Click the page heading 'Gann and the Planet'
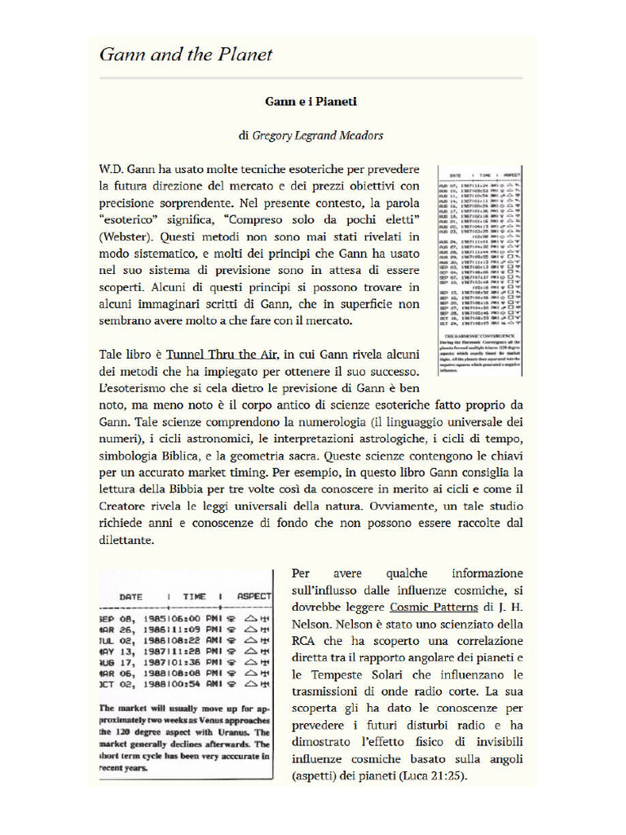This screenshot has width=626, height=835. (x=185, y=55)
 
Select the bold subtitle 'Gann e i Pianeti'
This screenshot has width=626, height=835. (x=311, y=102)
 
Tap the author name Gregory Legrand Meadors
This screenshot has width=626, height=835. (x=318, y=135)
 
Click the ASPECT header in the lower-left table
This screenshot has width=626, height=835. (x=253, y=597)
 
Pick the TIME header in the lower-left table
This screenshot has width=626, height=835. (x=194, y=597)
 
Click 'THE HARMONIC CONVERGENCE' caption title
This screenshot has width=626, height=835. (x=479, y=334)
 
